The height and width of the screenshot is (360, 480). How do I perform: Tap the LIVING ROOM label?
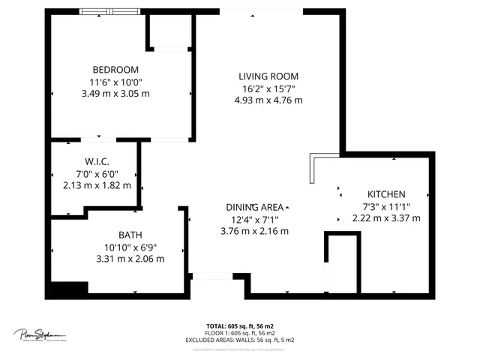[268, 76]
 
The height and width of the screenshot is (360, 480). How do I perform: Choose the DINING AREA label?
[254, 207]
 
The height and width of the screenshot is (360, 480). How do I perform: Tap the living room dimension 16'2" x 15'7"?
[268, 88]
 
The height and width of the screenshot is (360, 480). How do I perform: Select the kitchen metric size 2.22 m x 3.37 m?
[385, 218]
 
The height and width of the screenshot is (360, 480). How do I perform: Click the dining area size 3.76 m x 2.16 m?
[254, 231]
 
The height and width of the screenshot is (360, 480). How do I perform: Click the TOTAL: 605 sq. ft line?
[239, 326]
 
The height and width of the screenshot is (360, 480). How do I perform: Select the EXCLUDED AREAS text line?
[239, 340]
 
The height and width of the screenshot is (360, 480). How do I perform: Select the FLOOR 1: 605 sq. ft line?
[239, 333]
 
